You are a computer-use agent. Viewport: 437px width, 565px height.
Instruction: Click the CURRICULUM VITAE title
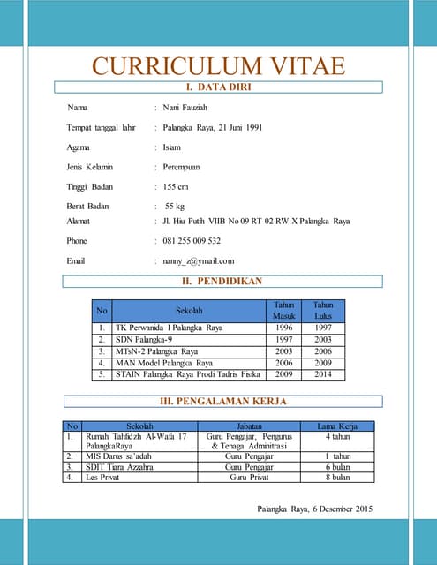218,66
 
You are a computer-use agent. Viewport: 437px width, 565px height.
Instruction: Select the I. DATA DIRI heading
218,87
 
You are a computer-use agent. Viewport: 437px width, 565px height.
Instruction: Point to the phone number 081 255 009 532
192,240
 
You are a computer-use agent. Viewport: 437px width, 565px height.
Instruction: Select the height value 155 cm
176,186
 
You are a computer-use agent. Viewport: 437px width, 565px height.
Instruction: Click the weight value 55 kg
175,207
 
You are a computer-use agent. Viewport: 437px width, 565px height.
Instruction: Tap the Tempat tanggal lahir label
101,128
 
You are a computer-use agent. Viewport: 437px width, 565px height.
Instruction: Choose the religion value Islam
172,147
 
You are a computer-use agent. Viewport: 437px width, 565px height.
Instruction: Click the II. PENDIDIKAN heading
218,282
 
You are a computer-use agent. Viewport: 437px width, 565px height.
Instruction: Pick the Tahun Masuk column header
283,310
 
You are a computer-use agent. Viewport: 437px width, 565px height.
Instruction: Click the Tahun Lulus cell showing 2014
323,373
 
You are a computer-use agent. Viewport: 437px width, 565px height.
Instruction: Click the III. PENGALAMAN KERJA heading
222,402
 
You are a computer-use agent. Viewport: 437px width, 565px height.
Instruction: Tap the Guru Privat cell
249,478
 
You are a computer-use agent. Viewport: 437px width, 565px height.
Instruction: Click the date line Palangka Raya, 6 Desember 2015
314,508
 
